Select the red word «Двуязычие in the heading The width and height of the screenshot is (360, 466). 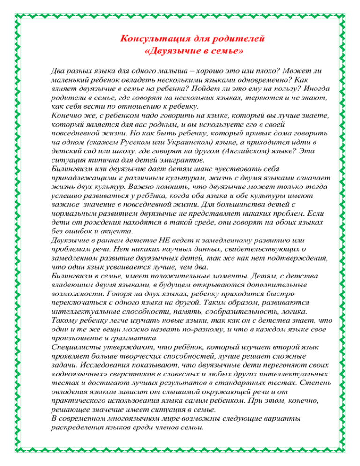click(x=170, y=49)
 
